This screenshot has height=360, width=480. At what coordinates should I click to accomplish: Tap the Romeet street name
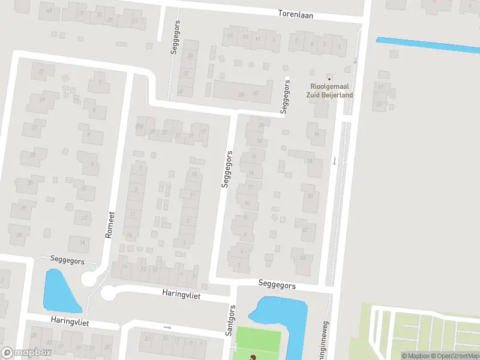click(109, 224)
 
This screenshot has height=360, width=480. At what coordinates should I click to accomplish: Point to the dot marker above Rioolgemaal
click(329, 78)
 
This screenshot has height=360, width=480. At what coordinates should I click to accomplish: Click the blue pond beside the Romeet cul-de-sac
click(60, 291)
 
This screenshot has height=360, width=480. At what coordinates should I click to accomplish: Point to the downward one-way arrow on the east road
click(335, 161)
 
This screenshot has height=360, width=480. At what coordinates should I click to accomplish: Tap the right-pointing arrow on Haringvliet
click(167, 327)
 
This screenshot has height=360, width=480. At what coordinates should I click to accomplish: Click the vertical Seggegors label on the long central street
click(227, 169)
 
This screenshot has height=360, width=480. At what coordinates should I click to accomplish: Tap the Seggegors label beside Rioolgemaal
click(285, 97)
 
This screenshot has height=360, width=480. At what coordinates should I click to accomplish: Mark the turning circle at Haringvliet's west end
click(108, 293)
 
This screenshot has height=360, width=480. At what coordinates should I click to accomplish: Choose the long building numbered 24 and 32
click(242, 92)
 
